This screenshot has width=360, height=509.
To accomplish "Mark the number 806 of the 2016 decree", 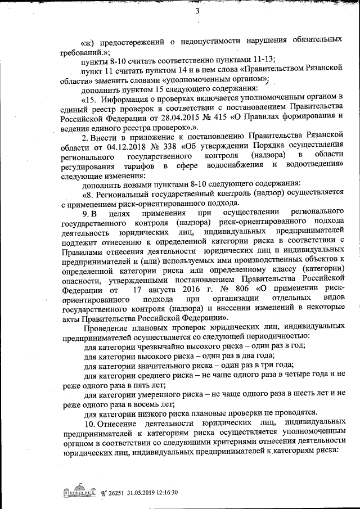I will (243, 290).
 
